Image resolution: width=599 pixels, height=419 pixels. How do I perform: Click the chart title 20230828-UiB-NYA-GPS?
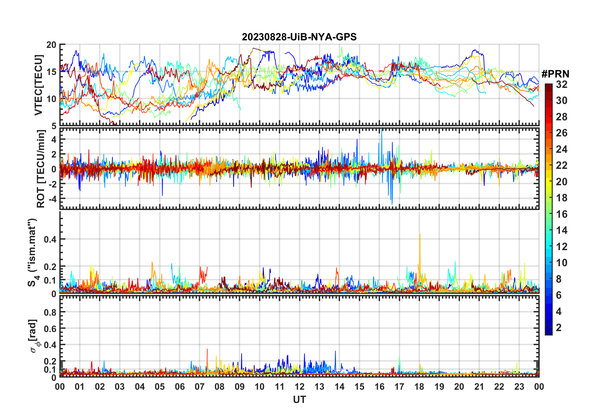(299, 37)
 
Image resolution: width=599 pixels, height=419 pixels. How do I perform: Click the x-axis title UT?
(299, 400)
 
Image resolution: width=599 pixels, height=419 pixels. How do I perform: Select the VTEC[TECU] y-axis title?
(38, 85)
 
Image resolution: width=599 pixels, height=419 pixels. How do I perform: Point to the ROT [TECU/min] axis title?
(41, 169)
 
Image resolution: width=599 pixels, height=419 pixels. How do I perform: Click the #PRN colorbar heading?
(555, 74)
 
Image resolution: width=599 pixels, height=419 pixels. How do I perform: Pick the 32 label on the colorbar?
(562, 84)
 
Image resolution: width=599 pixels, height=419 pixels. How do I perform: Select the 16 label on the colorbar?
(562, 214)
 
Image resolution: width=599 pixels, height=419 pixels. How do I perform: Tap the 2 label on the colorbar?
(559, 328)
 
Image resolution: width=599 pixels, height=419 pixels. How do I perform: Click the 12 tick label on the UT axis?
(299, 387)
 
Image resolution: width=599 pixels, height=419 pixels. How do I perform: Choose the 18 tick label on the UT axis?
(419, 387)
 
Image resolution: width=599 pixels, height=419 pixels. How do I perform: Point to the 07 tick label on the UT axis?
(200, 387)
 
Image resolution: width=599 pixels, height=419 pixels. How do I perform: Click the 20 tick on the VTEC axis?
(51, 45)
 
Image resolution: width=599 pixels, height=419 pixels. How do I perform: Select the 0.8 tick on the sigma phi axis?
(50, 312)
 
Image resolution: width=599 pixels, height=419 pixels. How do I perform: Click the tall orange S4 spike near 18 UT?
(420, 235)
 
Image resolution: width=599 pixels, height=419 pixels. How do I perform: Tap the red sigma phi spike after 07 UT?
(207, 350)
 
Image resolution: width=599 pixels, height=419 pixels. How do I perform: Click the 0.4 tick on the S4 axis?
(50, 239)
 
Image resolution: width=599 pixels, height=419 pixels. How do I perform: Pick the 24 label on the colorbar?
(562, 149)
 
